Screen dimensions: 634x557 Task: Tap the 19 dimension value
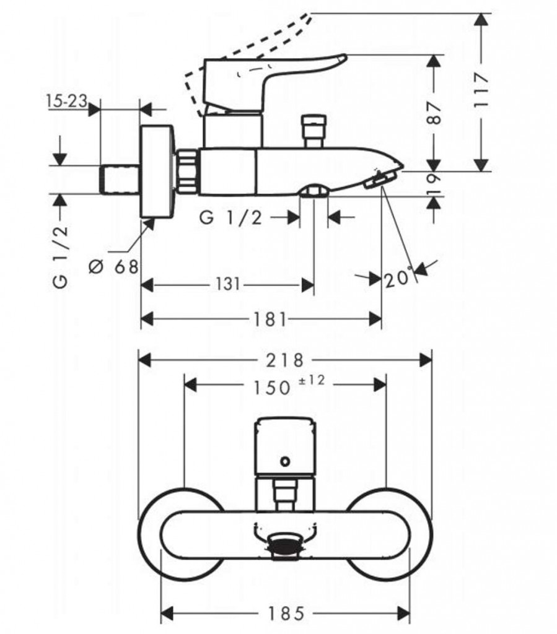435,184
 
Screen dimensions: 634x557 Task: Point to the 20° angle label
398,278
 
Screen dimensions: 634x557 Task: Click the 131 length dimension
228,284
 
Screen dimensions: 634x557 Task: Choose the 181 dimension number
270,319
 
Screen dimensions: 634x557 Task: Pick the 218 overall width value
286,360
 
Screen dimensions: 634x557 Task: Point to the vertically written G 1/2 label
60,256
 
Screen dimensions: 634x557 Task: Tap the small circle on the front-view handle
285,461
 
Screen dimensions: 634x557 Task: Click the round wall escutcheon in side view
157,171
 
